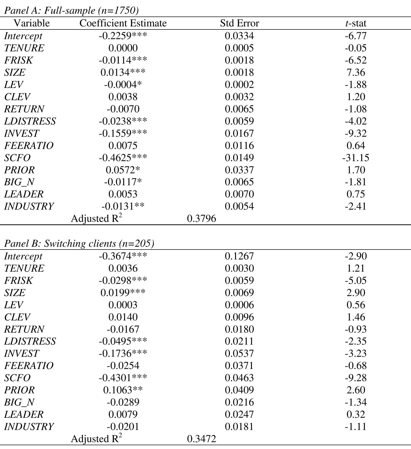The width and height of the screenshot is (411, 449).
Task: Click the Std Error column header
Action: coord(239,23)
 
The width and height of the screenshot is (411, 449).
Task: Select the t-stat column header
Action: coord(356,23)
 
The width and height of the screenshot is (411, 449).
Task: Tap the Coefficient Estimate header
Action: coord(123,23)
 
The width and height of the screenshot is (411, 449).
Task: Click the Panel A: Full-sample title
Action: coord(71,10)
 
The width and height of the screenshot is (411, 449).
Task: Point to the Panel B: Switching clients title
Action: coord(79,243)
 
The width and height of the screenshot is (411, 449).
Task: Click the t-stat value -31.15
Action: coord(356,158)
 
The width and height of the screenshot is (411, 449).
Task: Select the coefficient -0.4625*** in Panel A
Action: coord(123,158)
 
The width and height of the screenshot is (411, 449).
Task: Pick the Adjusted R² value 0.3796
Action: coord(201,219)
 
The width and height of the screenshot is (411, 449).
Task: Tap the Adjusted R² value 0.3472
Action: coord(201,439)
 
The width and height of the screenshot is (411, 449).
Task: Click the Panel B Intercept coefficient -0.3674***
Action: coord(123,256)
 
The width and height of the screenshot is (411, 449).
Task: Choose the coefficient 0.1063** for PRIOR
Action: coord(123,390)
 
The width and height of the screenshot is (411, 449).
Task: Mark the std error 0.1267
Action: coord(239,256)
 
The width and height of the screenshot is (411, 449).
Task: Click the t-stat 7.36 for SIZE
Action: coord(356,72)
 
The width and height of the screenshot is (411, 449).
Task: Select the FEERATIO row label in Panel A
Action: coord(29,146)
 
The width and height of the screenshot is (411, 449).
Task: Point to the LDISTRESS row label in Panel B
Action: coord(30,341)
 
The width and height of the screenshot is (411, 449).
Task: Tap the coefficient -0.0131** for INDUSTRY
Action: coord(123,206)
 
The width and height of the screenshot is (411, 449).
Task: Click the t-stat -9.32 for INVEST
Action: coord(356,133)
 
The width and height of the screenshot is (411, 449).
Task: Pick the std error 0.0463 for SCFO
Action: coord(239,378)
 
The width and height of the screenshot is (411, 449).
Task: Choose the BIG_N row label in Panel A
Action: coord(19,182)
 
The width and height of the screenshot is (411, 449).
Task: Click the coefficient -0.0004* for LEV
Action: coord(123,85)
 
